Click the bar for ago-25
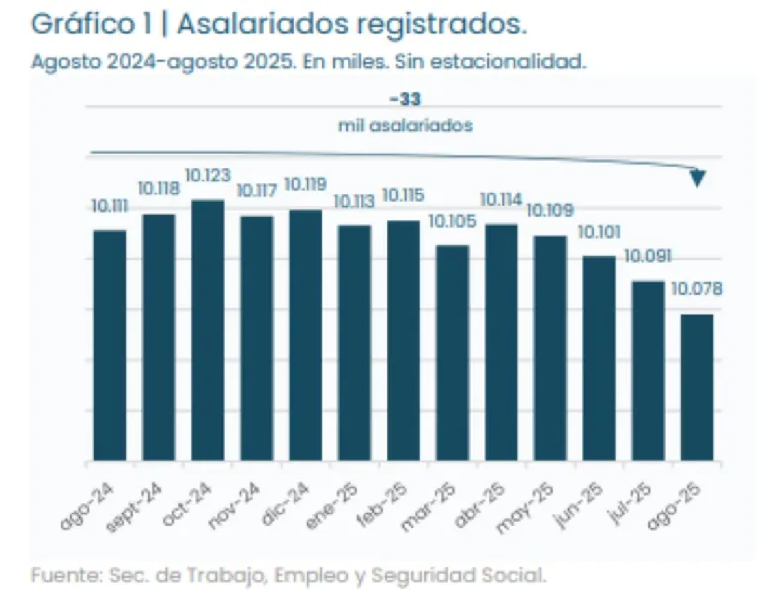(697, 388)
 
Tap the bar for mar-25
(452, 353)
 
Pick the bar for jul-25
(648, 371)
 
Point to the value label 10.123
(208, 176)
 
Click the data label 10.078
(697, 288)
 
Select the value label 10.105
(452, 221)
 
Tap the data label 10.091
(648, 256)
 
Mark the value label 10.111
(109, 206)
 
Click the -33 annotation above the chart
(405, 100)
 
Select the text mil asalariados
(405, 126)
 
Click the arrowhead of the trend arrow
(698, 178)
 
